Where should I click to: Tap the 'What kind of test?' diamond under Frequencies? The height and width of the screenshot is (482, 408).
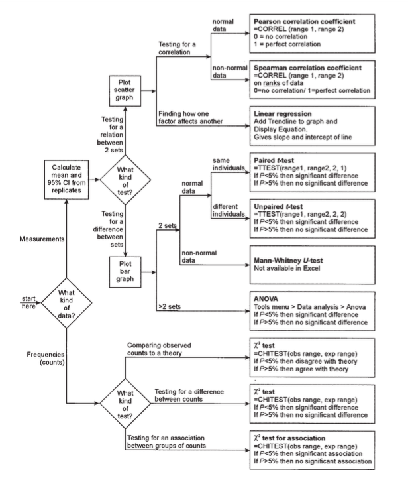click(x=124, y=408)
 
